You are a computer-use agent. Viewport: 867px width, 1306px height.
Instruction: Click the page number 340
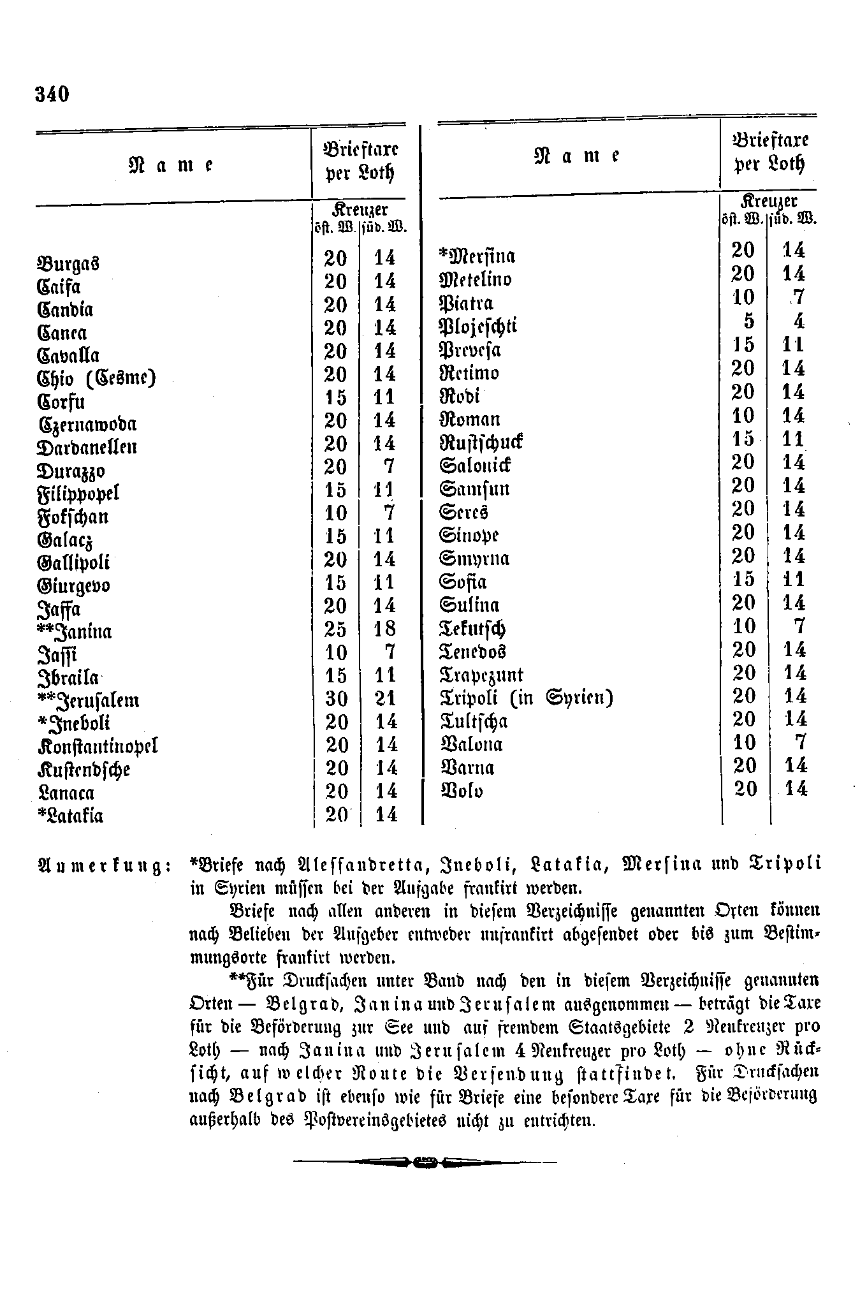point(52,94)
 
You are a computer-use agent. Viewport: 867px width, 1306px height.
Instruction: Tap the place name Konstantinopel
point(98,746)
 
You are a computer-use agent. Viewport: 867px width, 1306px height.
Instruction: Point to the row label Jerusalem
point(89,700)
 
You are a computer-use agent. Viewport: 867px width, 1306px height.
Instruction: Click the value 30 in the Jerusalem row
point(336,699)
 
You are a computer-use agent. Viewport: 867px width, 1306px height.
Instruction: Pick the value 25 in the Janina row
point(336,629)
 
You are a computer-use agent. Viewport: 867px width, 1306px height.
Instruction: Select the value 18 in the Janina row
point(384,629)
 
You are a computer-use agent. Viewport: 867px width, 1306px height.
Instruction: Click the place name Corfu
point(61,402)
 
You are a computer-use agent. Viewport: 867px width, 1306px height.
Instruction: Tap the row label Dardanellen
point(87,446)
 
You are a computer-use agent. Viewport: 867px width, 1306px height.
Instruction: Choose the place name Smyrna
point(475,559)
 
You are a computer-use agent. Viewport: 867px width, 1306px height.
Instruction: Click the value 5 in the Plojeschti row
point(748,321)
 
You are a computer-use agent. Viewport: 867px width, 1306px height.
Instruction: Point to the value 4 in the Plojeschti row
point(799,321)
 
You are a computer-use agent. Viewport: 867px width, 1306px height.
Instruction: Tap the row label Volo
point(462,791)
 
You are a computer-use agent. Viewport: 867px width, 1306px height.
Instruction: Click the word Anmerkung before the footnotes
point(103,866)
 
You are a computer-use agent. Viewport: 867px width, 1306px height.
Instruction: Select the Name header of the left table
point(171,165)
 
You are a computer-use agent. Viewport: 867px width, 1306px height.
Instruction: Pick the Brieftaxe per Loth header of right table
point(770,153)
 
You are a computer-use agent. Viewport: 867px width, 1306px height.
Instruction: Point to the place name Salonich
point(475,465)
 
